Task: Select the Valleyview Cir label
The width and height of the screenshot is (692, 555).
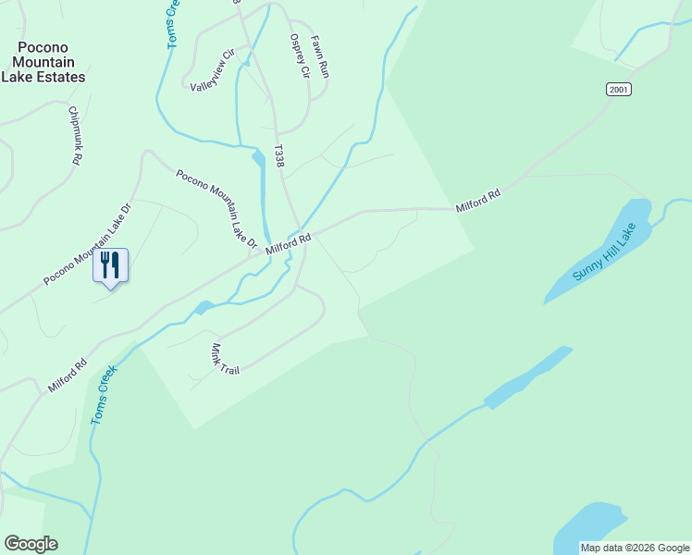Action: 214,71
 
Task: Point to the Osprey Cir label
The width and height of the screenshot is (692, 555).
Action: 298,56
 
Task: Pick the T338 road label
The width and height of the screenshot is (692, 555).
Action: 278,155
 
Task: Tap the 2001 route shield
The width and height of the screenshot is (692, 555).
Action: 619,89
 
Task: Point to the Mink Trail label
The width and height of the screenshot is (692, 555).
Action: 225,358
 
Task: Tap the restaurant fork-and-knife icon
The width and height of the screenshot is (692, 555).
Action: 110,265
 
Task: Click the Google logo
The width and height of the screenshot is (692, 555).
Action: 31,544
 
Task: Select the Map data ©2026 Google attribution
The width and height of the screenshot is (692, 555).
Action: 635,548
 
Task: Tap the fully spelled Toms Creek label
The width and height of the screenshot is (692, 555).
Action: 105,395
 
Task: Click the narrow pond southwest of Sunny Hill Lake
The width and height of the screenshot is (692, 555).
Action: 527,378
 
